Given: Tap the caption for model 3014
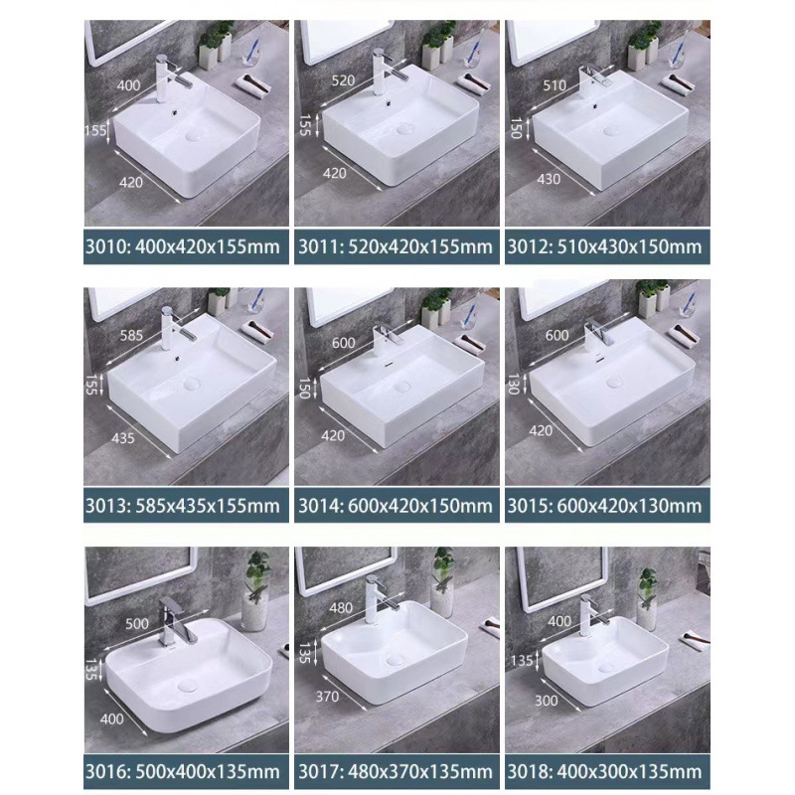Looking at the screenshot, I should (x=395, y=507).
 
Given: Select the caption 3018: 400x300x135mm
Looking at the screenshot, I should (x=604, y=770).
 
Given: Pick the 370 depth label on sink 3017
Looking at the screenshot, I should (x=326, y=696).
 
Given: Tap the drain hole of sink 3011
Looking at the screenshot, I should (x=404, y=127).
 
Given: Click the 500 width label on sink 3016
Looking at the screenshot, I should (x=138, y=623).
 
